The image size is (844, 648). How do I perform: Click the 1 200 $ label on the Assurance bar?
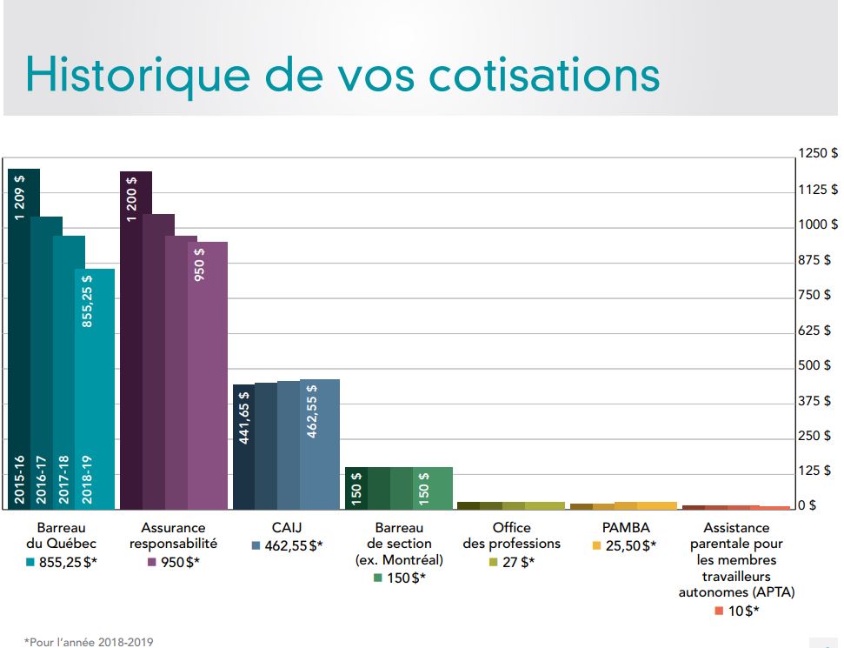(x=131, y=199)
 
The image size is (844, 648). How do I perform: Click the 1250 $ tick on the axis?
(x=817, y=154)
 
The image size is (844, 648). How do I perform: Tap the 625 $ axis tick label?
(x=817, y=331)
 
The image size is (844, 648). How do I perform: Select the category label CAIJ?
(x=286, y=527)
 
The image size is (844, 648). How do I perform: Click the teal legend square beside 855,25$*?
(x=30, y=562)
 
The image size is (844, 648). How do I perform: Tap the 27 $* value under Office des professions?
(x=518, y=562)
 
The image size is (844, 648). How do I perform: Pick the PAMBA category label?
(x=625, y=527)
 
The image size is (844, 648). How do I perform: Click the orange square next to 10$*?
(x=718, y=611)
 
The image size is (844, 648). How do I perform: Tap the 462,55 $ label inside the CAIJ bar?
(x=312, y=411)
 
